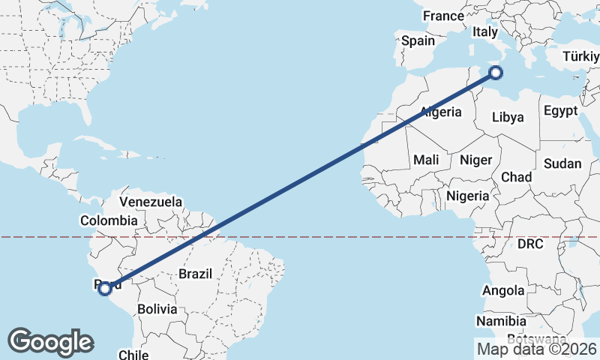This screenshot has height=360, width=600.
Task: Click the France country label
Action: click(x=443, y=16)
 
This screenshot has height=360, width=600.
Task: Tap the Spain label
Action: click(x=418, y=41)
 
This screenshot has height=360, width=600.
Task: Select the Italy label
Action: click(x=484, y=32)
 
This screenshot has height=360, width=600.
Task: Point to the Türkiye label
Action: click(x=581, y=56)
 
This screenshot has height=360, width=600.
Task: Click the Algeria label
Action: click(x=440, y=112)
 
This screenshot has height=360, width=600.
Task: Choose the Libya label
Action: click(x=508, y=117)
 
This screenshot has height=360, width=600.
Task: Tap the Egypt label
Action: click(x=561, y=111)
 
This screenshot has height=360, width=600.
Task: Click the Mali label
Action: click(x=426, y=160)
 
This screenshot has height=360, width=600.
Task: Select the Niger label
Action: click(x=475, y=160)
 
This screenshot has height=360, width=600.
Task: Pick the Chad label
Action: click(x=516, y=177)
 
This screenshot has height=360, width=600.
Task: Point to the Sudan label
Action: click(x=562, y=163)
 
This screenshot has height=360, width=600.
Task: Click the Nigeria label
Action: click(x=467, y=196)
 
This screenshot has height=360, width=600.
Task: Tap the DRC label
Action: click(x=530, y=244)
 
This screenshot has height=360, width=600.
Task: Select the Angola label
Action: click(x=504, y=291)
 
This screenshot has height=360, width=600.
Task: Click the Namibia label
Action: click(x=501, y=321)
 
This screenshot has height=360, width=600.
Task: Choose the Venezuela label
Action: click(x=151, y=202)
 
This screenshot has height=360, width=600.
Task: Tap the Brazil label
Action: click(x=196, y=274)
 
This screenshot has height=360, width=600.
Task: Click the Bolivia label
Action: click(x=157, y=309)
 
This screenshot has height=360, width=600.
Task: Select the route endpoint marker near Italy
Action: click(x=495, y=73)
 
